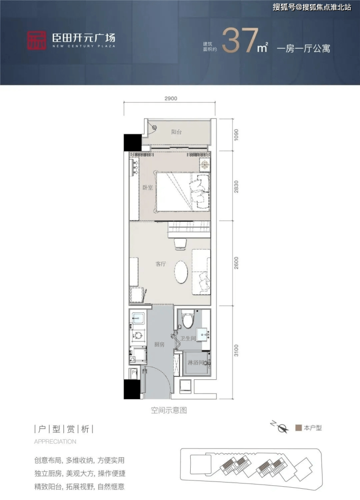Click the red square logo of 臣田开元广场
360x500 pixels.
point(36,40)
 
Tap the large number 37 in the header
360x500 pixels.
point(240,40)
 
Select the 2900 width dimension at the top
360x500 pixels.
point(171,99)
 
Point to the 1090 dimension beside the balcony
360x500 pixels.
point(236,135)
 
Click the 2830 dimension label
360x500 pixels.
point(236,187)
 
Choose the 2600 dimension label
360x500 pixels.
point(236,263)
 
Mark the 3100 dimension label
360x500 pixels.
point(236,351)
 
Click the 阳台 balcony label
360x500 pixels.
point(176,132)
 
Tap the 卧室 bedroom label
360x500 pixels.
point(147,188)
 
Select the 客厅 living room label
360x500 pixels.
point(161,264)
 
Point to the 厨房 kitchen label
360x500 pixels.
point(159,344)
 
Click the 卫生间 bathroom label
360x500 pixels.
point(188,339)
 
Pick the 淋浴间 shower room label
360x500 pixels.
point(195,362)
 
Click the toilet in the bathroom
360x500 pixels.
point(187,319)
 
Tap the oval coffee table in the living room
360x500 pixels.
point(181,272)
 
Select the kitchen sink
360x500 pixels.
point(138,318)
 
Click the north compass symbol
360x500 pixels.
point(281,428)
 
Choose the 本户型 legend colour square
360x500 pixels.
point(298,428)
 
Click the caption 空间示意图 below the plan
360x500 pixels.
point(169,410)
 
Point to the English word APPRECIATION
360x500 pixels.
point(55,442)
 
